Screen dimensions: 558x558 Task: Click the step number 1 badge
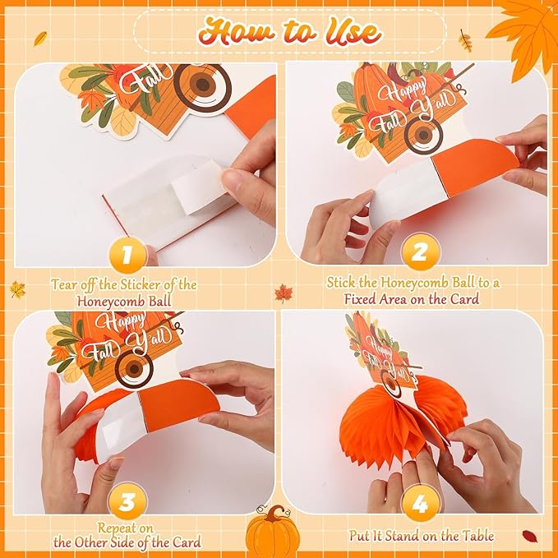point(127,254)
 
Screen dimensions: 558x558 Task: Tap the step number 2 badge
point(420,252)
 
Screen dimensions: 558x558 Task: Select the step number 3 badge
point(127,501)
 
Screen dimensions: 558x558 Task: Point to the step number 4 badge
point(420,503)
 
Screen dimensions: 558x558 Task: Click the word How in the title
point(237,33)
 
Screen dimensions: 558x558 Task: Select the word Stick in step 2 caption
point(341,283)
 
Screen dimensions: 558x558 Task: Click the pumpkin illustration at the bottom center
point(273,531)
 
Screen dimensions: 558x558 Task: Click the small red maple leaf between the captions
point(284,293)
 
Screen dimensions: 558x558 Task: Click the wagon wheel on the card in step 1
point(202,85)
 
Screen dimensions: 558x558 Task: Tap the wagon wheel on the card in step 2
point(423,136)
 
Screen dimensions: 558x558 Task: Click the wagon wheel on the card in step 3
point(134,369)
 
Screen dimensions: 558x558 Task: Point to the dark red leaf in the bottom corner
point(530,536)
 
